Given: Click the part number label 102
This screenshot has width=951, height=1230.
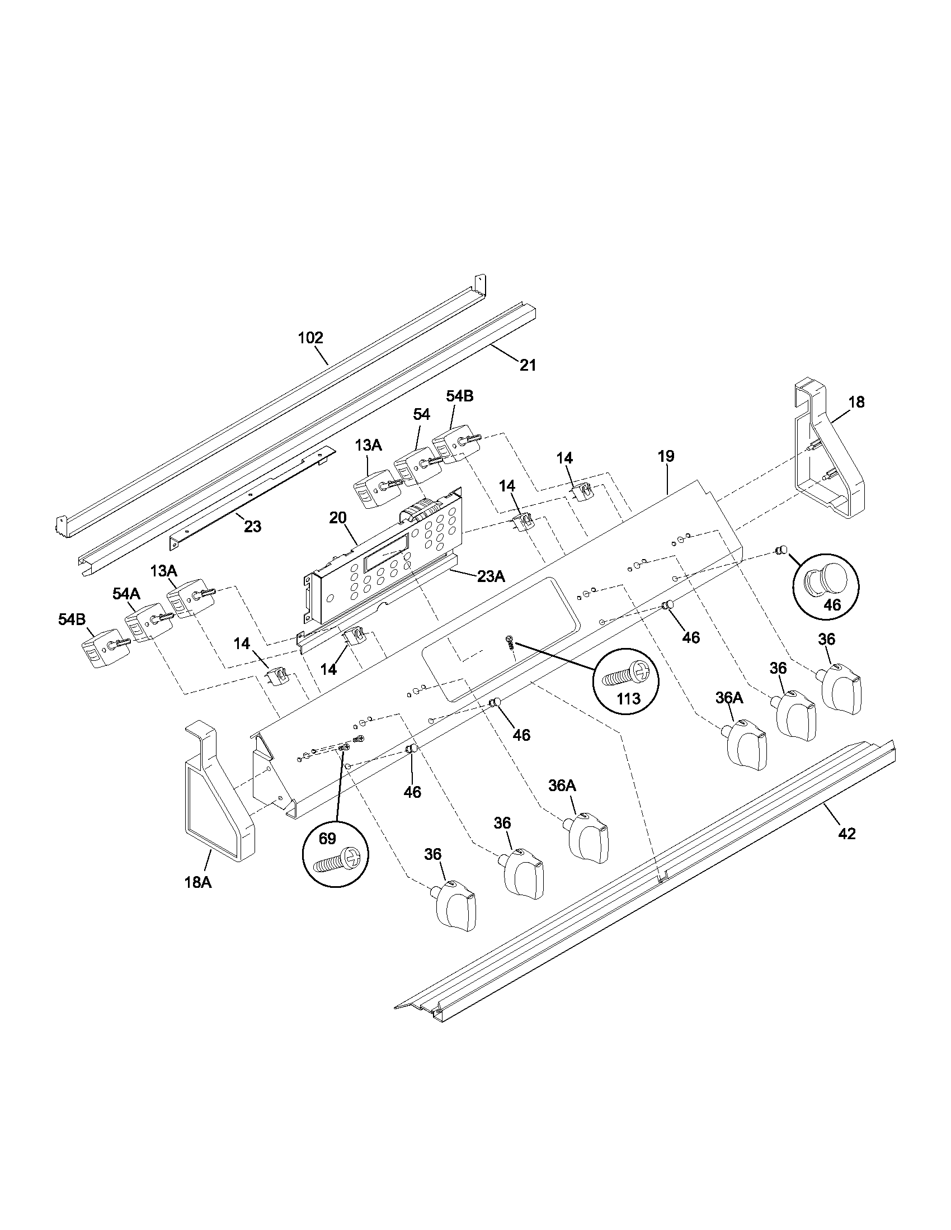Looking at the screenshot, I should point(310,338).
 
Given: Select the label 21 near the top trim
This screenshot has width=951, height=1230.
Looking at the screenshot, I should point(528,365).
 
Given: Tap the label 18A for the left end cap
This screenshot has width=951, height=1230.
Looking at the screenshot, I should point(197,882).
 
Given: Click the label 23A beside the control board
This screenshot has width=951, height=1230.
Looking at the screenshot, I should point(491,576).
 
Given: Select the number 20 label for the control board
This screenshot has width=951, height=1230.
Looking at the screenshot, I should point(337,518).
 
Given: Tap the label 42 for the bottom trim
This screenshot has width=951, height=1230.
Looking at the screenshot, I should point(847,834).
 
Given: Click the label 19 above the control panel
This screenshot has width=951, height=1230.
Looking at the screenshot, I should point(666,456).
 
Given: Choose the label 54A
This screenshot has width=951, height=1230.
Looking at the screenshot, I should point(126,593).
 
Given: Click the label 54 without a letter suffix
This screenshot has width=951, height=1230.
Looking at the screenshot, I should point(421,414).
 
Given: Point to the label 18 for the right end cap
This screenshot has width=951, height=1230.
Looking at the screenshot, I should point(856,402).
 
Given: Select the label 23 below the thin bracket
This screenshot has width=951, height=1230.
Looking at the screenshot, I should point(252,527).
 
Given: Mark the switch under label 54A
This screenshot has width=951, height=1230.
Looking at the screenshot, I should point(147,623).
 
